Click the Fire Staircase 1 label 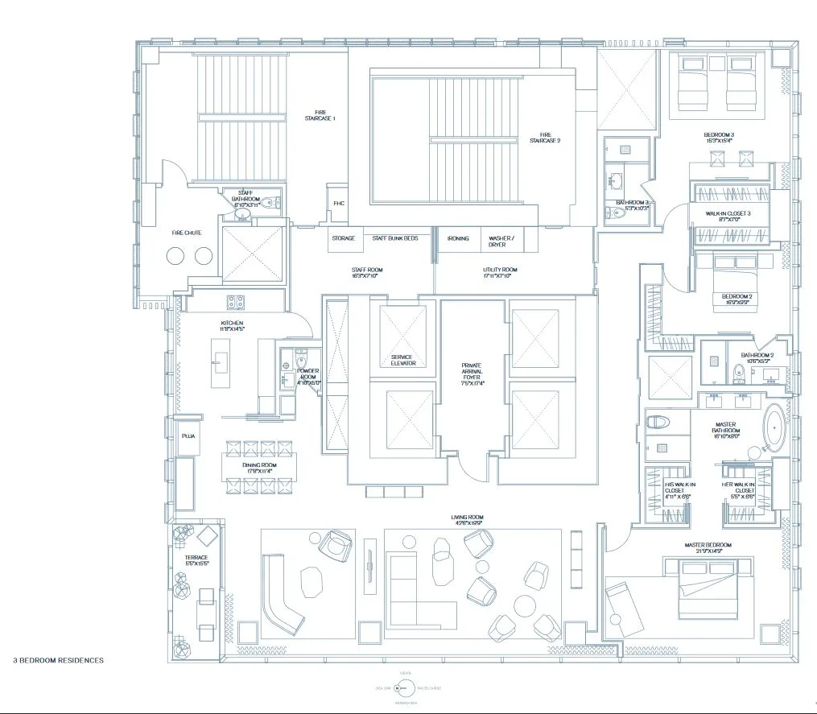320,115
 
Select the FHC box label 339,204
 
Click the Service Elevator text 403,360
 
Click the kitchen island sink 217,362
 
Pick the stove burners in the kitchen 235,302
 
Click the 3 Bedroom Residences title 58,660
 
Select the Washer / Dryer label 501,241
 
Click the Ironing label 458,239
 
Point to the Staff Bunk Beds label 394,239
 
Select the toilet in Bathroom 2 738,372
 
